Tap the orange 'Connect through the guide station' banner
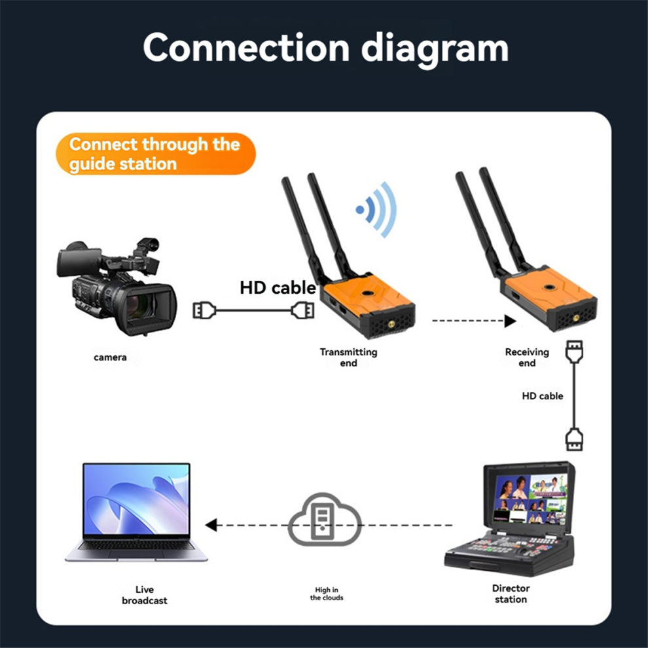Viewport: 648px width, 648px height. click(156, 154)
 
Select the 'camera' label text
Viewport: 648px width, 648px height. click(110, 357)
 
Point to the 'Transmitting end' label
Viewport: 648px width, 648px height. click(348, 357)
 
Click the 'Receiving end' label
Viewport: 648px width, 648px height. click(527, 357)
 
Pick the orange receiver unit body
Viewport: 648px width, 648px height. click(549, 298)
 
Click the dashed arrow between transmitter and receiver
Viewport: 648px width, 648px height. click(474, 321)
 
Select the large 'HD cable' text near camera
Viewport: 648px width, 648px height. click(278, 287)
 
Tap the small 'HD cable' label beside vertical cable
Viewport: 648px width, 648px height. click(542, 396)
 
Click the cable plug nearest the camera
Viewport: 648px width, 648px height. click(204, 310)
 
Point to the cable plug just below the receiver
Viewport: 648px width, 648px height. click(574, 351)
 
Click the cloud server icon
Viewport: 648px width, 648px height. click(325, 520)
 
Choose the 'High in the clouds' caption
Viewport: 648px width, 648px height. click(327, 594)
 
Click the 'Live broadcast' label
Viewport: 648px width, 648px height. click(144, 595)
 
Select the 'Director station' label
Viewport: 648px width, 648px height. click(511, 594)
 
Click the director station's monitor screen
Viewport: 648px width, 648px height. click(531, 499)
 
